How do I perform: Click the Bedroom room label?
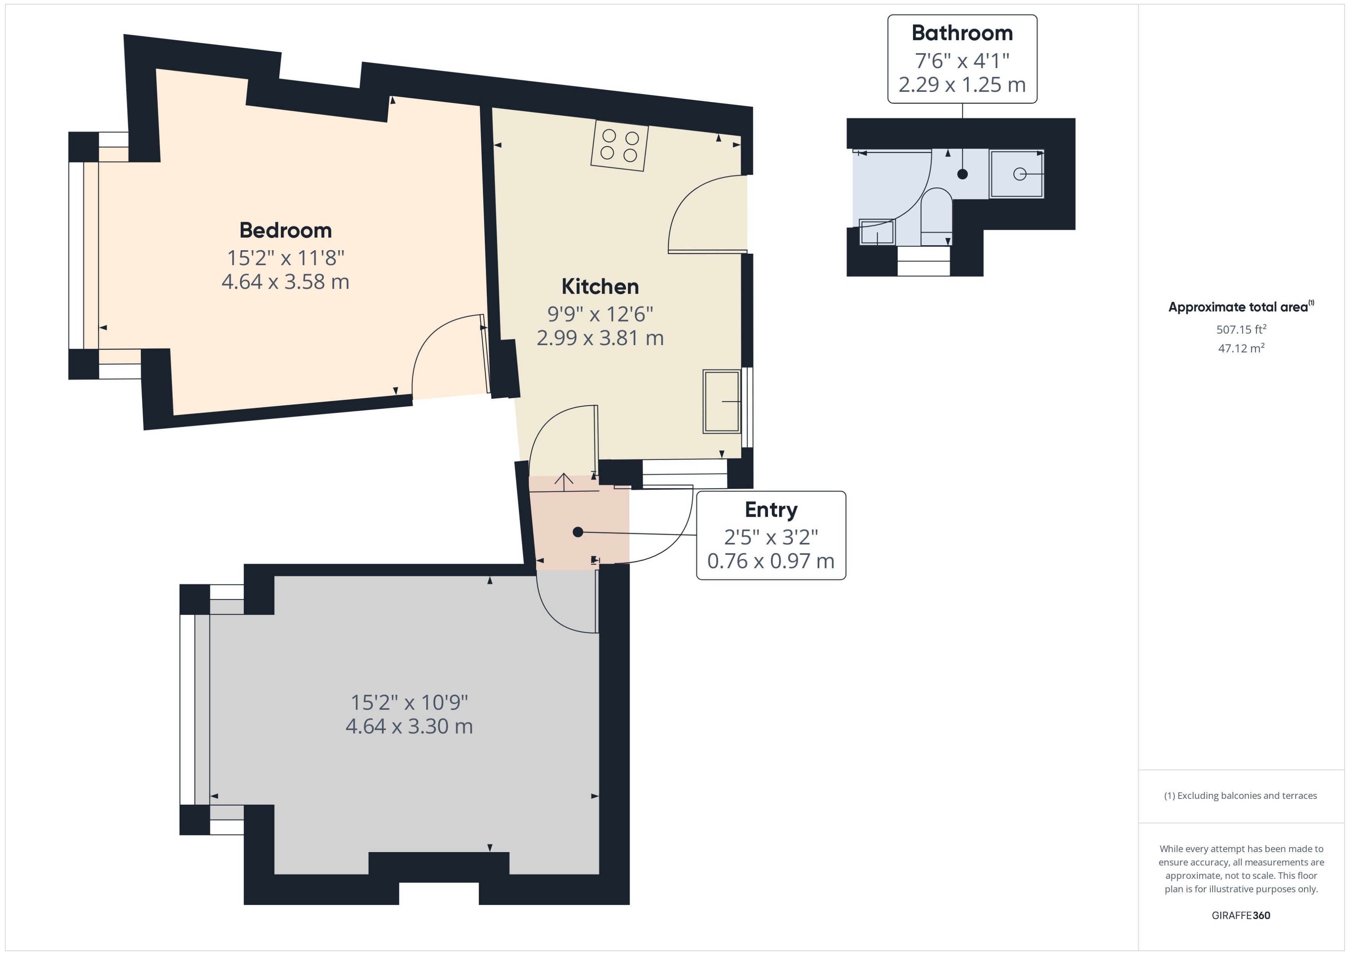click(x=285, y=230)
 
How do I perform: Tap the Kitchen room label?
click(x=600, y=286)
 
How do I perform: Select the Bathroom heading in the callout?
click(x=962, y=33)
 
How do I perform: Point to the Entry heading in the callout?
click(x=771, y=510)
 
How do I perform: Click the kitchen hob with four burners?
click(x=619, y=146)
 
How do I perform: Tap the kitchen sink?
click(x=722, y=402)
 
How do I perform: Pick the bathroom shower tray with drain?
click(x=1016, y=174)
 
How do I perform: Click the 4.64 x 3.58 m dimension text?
click(x=285, y=282)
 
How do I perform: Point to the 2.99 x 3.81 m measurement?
click(x=600, y=338)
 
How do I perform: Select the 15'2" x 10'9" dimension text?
click(x=409, y=702)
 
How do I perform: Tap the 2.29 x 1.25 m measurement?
click(x=962, y=85)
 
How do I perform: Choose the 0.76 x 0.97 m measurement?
click(x=771, y=561)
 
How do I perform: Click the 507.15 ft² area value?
click(x=1241, y=329)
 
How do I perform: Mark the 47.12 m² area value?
click(x=1241, y=348)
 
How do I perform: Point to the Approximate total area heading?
click(x=1241, y=307)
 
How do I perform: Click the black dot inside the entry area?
click(x=578, y=532)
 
